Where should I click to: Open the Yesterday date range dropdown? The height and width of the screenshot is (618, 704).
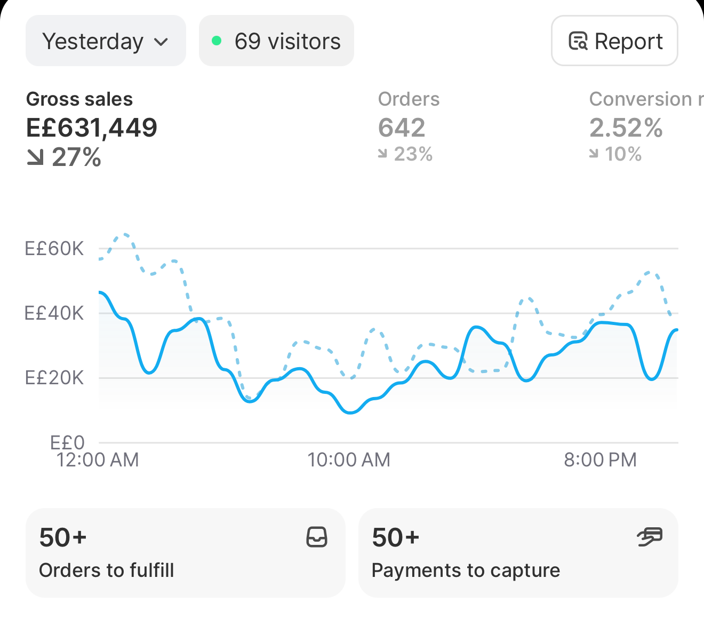pos(106,41)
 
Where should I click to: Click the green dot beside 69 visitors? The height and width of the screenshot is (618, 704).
pos(217,41)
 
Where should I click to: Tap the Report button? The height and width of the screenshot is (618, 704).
pos(614,41)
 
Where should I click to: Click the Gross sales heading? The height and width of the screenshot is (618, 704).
pos(79,99)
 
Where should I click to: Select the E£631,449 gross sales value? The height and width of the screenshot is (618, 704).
pos(92,128)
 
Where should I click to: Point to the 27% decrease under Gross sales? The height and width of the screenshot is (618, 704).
pos(64,157)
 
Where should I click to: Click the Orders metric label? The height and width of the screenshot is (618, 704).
pos(409,99)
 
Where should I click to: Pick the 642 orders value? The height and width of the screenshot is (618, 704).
pos(402,128)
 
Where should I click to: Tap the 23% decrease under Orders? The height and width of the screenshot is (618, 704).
pos(405,154)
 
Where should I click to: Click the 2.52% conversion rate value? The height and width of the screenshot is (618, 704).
pos(626,128)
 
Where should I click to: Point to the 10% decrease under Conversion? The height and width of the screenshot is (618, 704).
pos(615,154)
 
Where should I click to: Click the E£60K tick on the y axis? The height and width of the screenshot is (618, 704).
pos(54,249)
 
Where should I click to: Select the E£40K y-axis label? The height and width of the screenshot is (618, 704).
pos(54,313)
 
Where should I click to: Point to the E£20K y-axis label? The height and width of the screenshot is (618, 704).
pos(54,378)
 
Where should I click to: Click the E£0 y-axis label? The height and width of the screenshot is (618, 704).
pos(67,443)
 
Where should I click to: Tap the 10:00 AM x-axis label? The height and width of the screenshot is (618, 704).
pos(349,459)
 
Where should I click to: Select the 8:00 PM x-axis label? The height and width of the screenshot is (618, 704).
pos(600,459)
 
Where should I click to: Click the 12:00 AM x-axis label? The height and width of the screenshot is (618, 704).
pos(98,459)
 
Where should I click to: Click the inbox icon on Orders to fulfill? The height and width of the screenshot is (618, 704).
pos(317,537)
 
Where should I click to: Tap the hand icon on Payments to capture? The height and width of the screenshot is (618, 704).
pos(650,537)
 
